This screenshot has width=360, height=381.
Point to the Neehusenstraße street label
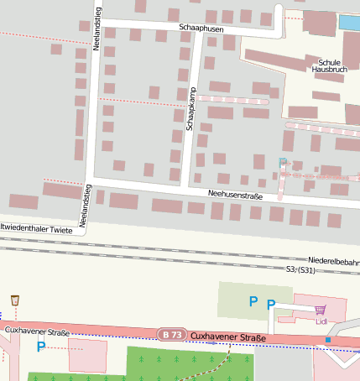click(x=236, y=196)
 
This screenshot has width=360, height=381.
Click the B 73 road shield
click(x=172, y=335)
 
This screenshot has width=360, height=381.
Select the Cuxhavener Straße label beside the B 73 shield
click(x=228, y=338)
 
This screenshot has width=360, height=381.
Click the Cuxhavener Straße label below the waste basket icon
click(x=36, y=331)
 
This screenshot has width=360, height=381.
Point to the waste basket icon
click(x=15, y=300)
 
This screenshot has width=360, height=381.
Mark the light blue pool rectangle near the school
click(x=348, y=23)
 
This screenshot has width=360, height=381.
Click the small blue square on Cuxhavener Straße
click(x=327, y=339)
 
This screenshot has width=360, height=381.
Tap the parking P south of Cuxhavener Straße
click(x=40, y=346)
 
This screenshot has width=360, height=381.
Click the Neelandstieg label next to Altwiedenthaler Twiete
click(x=84, y=206)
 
